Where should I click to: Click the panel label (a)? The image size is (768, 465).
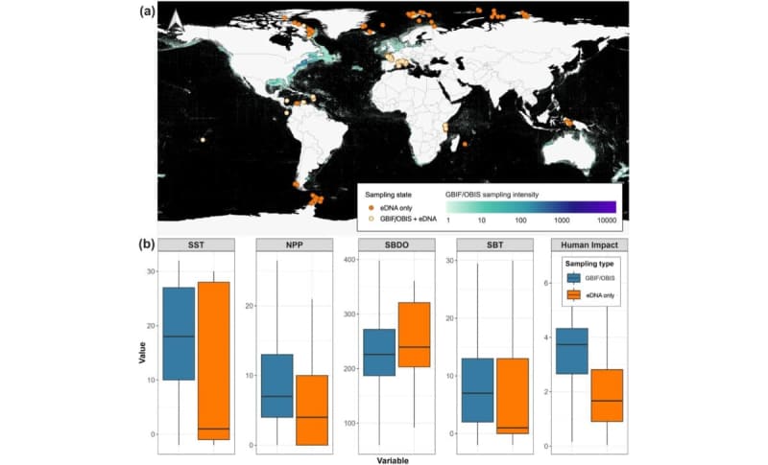pos(147,12)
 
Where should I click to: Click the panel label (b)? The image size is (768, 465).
pos(147,244)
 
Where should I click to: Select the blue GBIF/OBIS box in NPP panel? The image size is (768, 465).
pos(276,385)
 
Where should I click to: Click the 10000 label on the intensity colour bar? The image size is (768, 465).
pos(604,220)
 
